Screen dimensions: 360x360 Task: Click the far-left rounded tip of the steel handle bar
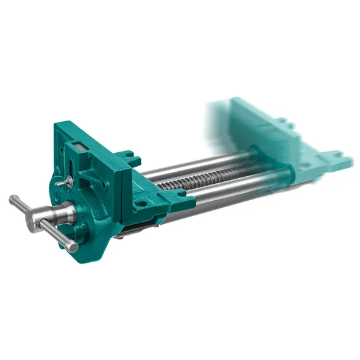click(x=13, y=201)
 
